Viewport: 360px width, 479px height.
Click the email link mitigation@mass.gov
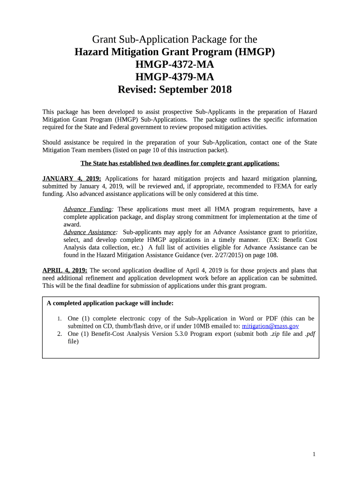[270, 326]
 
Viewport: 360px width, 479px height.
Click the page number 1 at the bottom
[314, 454]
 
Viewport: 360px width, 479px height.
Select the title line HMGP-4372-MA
[174, 64]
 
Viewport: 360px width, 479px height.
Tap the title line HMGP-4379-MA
[174, 77]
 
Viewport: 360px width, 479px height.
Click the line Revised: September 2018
[174, 89]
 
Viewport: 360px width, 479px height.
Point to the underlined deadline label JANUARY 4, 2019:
[72, 178]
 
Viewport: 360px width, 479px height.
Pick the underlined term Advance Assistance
[90, 232]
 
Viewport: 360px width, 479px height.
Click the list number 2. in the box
[59, 334]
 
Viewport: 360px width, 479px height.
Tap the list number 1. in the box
[59, 319]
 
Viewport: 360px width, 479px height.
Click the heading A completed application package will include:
[110, 303]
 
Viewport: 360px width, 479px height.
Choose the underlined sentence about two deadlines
[180, 163]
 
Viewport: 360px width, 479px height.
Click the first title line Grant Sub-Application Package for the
[174, 39]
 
